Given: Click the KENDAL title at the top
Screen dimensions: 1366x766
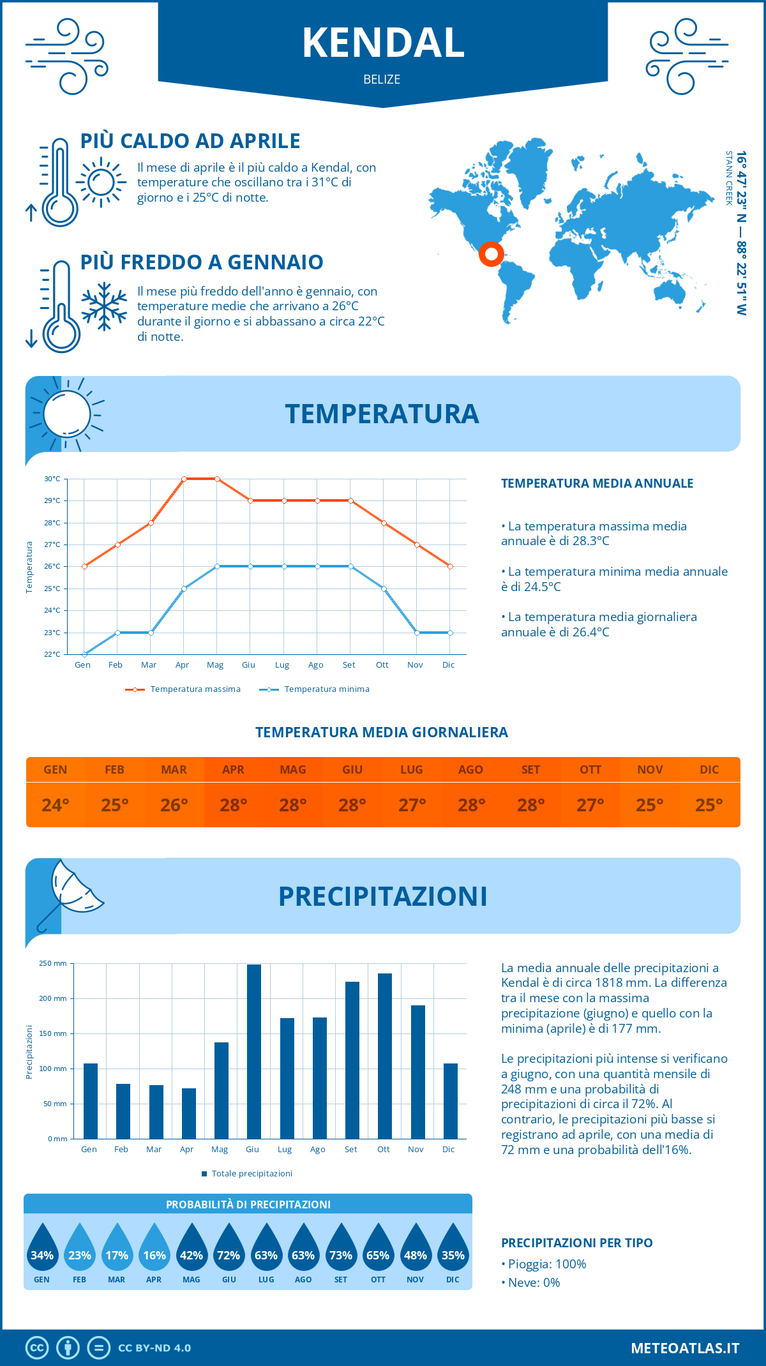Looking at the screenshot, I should [383, 43].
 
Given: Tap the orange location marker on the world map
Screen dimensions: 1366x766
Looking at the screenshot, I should [491, 253].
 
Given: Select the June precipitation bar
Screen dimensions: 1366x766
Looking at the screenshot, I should [254, 1051].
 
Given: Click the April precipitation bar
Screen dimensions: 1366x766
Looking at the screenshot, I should [188, 1113].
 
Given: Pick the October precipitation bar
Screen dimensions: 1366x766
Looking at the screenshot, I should [385, 1056].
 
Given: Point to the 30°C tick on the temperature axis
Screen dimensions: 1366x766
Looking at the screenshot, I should [52, 479].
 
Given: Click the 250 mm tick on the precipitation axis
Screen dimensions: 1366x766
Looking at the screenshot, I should [53, 963].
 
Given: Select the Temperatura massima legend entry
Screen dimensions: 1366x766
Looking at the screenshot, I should [183, 689].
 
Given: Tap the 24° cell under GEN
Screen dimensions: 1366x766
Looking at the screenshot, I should [56, 805].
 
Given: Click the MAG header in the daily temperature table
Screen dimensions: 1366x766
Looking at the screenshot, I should [293, 770].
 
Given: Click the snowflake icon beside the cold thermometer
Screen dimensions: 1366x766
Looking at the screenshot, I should [104, 306].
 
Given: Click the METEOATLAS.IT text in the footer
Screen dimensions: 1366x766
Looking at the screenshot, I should [685, 1348].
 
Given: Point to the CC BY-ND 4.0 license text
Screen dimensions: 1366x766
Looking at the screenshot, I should [154, 1348].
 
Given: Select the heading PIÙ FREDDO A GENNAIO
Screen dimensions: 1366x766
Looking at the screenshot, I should [202, 262].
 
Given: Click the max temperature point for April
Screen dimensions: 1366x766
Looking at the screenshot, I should [184, 479].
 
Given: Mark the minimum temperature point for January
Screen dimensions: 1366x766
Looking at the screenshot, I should [84, 654].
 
